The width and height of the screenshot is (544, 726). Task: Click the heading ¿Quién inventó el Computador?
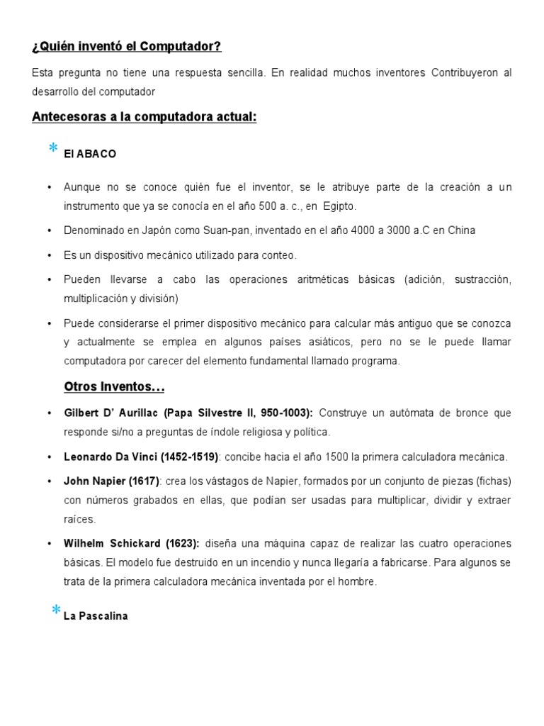(x=127, y=47)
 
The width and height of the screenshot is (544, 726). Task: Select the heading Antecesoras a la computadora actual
(x=144, y=117)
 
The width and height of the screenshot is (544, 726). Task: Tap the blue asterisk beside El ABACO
(x=52, y=148)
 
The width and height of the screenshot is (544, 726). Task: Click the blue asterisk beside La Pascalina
(x=55, y=610)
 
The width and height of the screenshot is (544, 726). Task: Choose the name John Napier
(x=92, y=481)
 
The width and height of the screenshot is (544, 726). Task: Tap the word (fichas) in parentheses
(x=491, y=481)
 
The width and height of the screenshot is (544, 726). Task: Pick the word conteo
(x=278, y=255)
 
